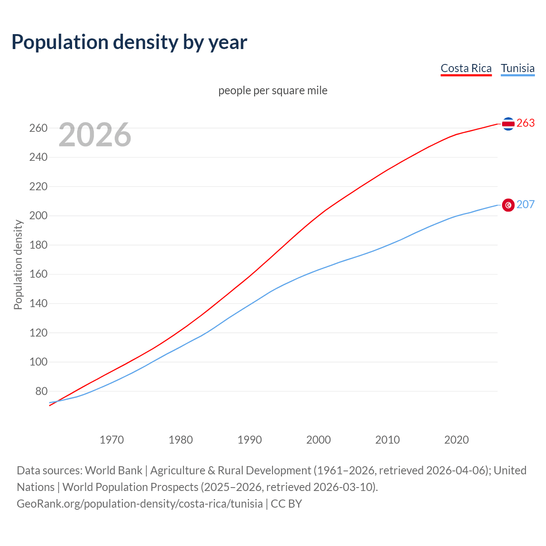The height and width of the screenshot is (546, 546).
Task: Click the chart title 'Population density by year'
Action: [x=129, y=42]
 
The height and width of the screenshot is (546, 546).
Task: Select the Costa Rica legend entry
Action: [x=466, y=68]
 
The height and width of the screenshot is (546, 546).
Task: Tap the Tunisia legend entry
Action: [x=517, y=68]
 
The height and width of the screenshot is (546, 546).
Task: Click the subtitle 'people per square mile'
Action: [x=273, y=90]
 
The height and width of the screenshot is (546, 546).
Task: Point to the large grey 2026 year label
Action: [x=95, y=135]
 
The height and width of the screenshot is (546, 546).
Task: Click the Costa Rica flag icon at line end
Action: [x=508, y=124]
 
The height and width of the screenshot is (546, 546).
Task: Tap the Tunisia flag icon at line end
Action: [x=508, y=205]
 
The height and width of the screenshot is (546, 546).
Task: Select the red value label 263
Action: [x=525, y=123]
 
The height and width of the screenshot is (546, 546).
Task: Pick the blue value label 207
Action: [x=525, y=205]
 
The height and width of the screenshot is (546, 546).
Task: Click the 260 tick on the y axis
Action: [x=38, y=128]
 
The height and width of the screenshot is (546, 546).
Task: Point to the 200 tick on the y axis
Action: [x=38, y=216]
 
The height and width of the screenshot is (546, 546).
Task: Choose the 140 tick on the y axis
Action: [x=38, y=304]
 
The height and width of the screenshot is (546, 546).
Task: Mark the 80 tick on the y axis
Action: [x=41, y=391]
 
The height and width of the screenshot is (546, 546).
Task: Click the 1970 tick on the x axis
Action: [x=112, y=440]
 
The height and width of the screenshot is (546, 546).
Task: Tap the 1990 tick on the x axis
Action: [x=250, y=440]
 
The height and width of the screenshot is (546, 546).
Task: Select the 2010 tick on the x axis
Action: [x=387, y=440]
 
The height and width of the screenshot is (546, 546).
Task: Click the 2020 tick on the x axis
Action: [x=456, y=440]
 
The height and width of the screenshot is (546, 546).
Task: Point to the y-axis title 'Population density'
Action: [x=18, y=264]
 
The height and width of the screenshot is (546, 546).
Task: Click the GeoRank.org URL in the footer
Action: [x=139, y=504]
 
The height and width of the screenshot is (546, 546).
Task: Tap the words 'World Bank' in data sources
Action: [x=113, y=470]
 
